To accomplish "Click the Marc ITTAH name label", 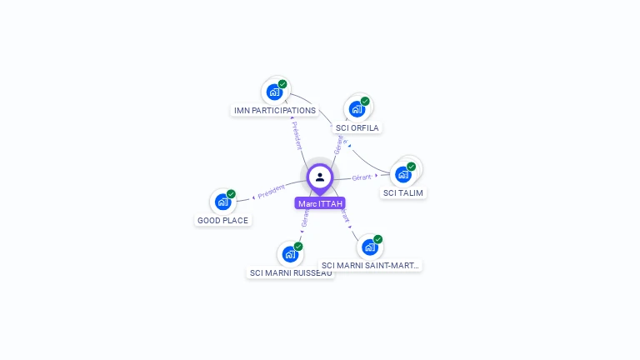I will (x=320, y=203).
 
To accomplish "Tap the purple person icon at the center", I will (x=320, y=177).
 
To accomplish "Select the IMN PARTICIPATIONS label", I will (x=275, y=110).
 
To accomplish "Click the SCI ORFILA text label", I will (x=357, y=127).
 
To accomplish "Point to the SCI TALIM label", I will (x=403, y=192).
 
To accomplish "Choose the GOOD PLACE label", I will (x=222, y=220).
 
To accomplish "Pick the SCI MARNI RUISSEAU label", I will (x=291, y=272).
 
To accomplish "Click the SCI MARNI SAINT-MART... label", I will (x=371, y=265).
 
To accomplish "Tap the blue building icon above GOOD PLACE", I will (x=222, y=202).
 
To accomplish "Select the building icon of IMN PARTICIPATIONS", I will (x=274, y=92).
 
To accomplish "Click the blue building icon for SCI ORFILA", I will (x=357, y=109).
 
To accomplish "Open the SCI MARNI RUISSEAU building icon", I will (x=289, y=253).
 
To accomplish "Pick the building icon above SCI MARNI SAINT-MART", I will (x=369, y=247).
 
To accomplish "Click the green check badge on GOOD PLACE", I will (x=231, y=194).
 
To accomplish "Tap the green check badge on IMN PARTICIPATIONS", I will (x=282, y=84).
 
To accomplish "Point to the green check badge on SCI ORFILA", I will (x=365, y=102).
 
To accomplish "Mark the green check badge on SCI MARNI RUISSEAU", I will (x=297, y=246).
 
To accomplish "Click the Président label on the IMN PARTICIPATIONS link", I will (x=297, y=135).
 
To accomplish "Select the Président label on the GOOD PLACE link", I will (x=272, y=191).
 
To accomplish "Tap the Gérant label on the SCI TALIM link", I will (x=362, y=177).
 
